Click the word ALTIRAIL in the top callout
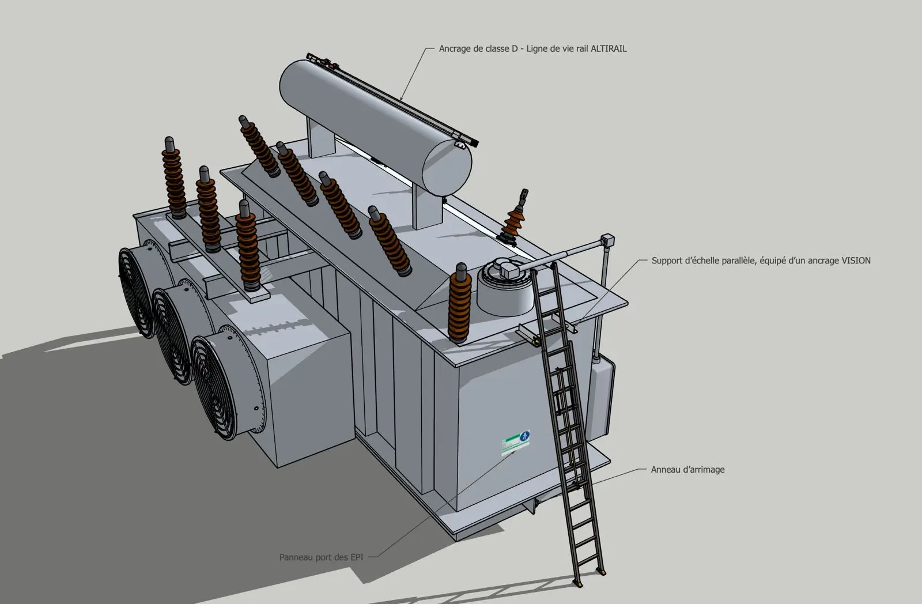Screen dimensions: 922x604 coord(609,48)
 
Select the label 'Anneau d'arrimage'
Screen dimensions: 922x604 coord(687,469)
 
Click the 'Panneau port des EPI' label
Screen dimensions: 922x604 coord(321,557)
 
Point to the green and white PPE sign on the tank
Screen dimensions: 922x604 coord(515,443)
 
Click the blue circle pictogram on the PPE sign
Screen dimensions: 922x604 coord(524,436)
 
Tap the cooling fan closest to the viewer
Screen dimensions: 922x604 coord(214,388)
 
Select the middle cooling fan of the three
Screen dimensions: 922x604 coord(172,335)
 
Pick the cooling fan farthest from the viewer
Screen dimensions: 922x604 coord(137,292)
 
